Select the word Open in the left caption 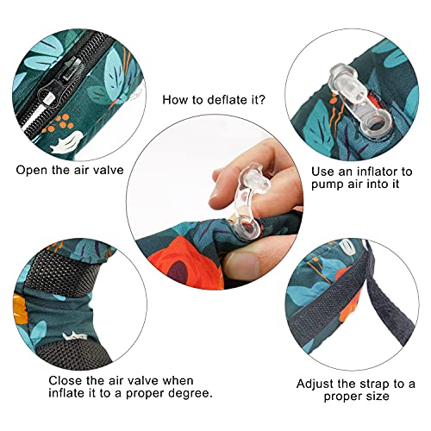(x=33, y=170)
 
